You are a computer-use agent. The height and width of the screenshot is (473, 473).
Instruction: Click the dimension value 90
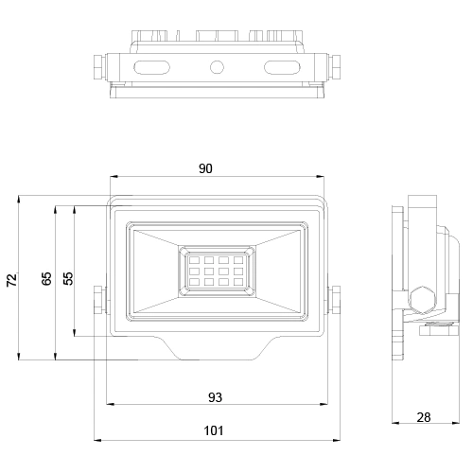pyautogui.click(x=205, y=168)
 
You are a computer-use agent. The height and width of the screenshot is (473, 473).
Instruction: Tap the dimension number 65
pyautogui.click(x=46, y=279)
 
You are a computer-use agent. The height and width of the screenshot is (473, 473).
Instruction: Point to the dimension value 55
pyautogui.click(x=66, y=279)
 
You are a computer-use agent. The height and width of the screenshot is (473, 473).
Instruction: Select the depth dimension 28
pyautogui.click(x=423, y=416)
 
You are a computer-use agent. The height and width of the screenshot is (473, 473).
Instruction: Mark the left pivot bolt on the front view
pyautogui.click(x=99, y=300)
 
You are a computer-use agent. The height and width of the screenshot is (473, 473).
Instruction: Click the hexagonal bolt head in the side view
pyautogui.click(x=423, y=301)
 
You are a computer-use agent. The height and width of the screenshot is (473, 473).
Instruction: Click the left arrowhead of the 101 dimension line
pyautogui.click(x=96, y=440)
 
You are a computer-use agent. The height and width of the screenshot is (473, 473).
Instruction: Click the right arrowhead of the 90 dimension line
pyautogui.click(x=323, y=177)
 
